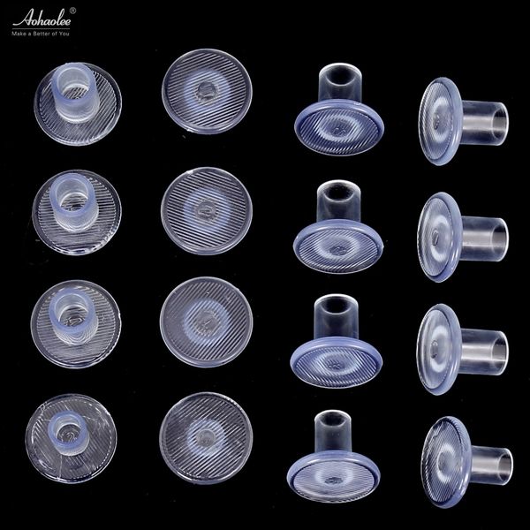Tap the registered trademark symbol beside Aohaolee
pos(72,11)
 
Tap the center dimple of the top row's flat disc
pos(206,90)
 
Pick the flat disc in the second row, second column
pos(207,210)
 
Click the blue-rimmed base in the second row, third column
pos(337,240)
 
